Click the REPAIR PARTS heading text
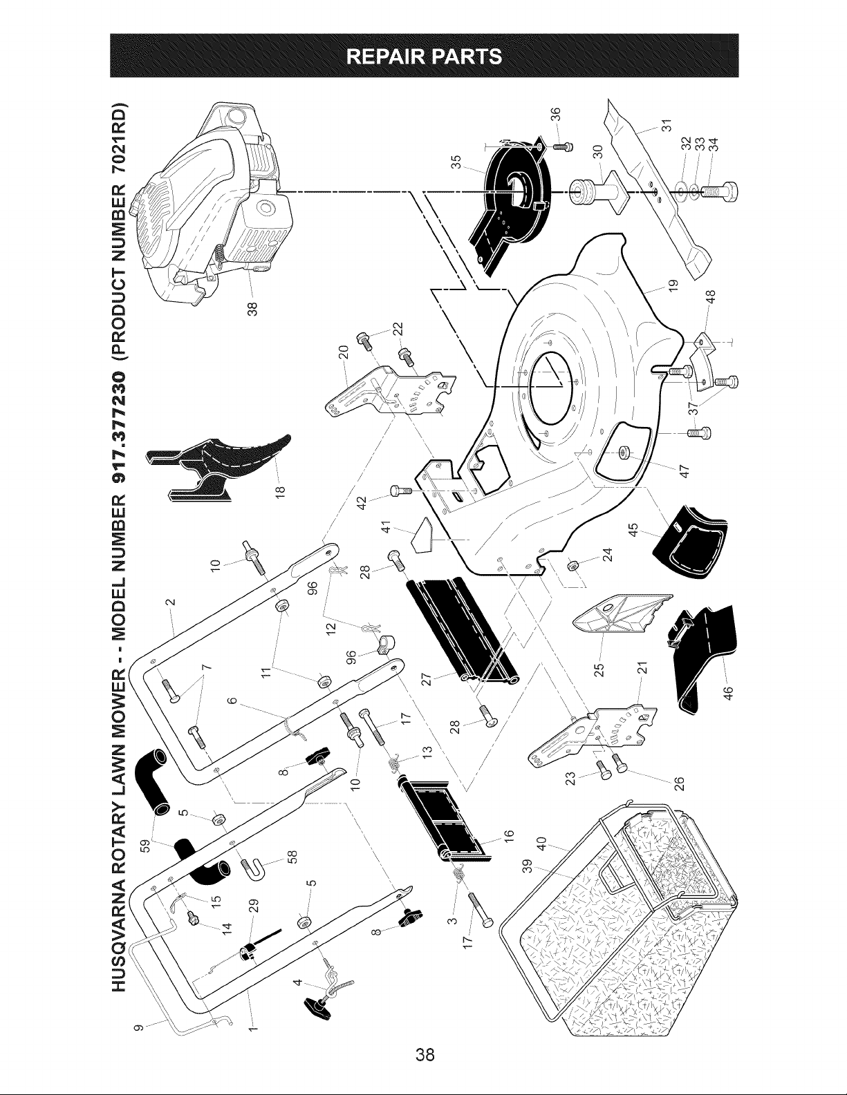(x=424, y=55)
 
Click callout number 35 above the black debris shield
(x=456, y=162)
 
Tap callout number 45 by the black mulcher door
(x=634, y=529)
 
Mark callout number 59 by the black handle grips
(x=146, y=843)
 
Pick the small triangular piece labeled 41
(x=422, y=535)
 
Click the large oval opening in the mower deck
(x=549, y=394)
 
